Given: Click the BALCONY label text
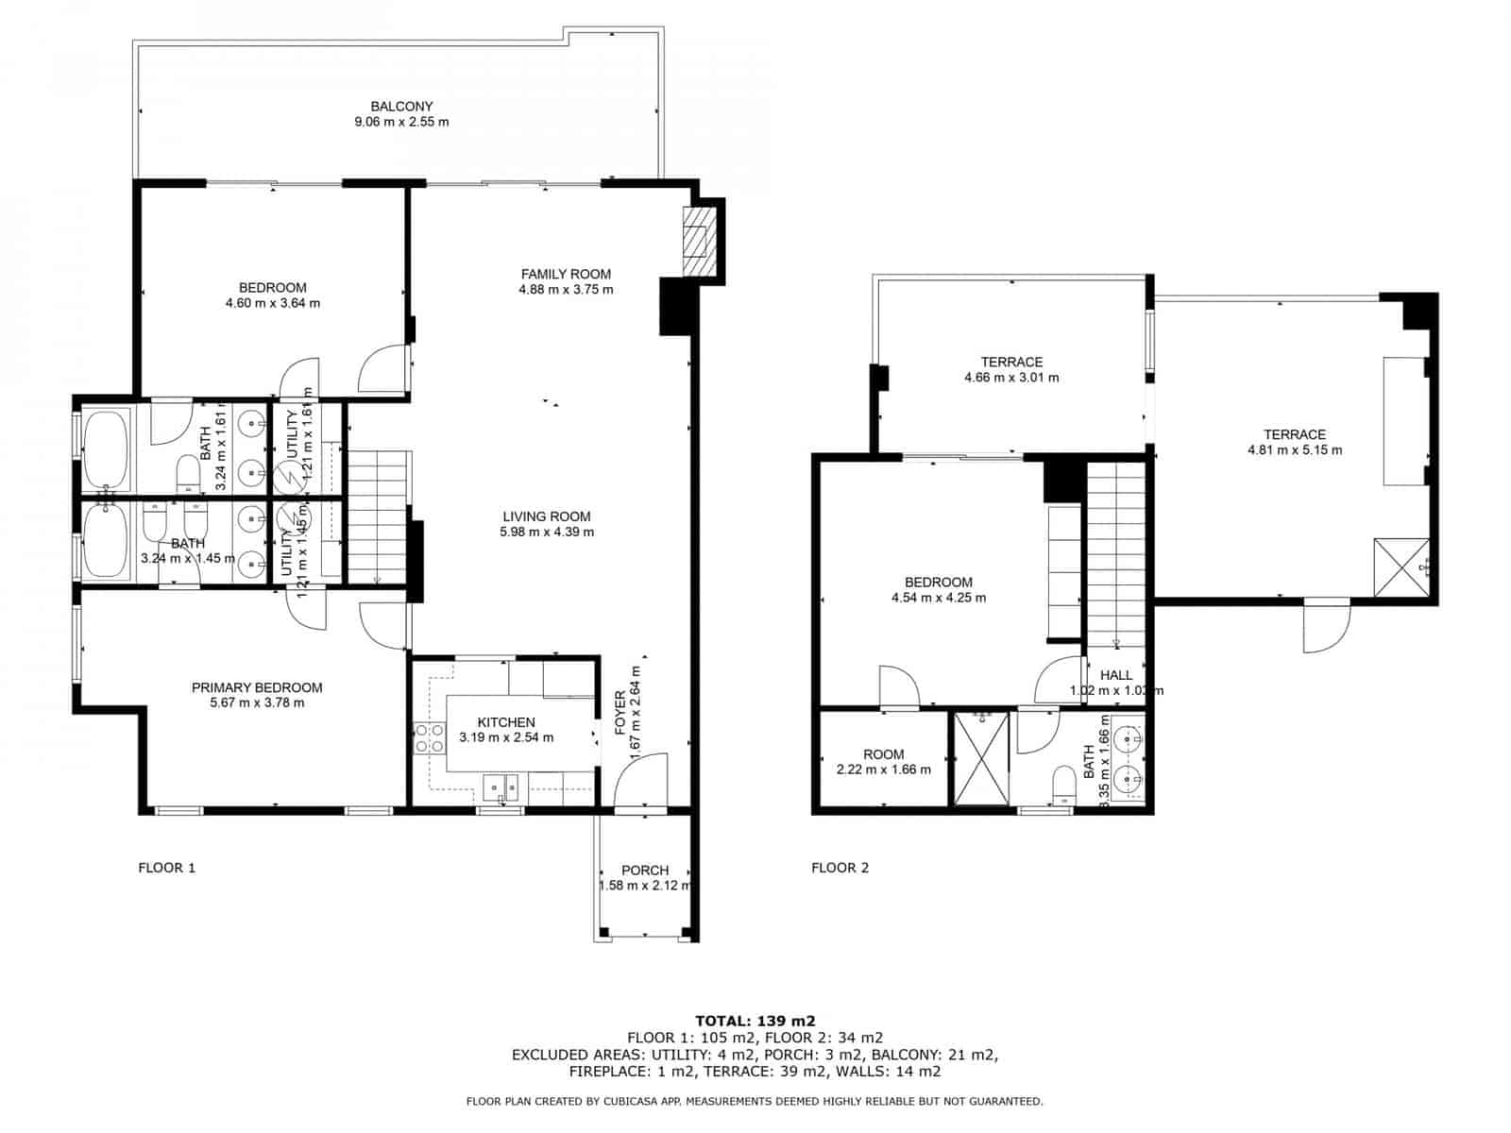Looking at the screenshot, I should pyautogui.click(x=401, y=107).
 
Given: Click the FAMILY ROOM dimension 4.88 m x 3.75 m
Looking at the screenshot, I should pyautogui.click(x=566, y=290).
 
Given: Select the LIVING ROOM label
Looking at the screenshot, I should pyautogui.click(x=547, y=516).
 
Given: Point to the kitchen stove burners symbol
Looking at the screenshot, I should pyautogui.click(x=430, y=737).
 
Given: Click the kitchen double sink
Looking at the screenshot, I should pyautogui.click(x=501, y=786).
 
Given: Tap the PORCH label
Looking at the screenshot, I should pyautogui.click(x=645, y=871).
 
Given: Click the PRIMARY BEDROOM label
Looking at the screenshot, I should pyautogui.click(x=257, y=688).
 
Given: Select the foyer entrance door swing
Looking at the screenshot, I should pyautogui.click(x=642, y=780).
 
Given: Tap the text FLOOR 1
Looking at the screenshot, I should pyautogui.click(x=167, y=868).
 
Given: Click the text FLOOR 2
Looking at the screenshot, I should pyautogui.click(x=840, y=868).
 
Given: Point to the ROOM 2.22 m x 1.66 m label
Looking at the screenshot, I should pyautogui.click(x=883, y=762).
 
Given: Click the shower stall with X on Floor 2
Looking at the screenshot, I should pyautogui.click(x=981, y=760).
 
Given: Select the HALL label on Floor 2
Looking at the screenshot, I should pyautogui.click(x=1116, y=675).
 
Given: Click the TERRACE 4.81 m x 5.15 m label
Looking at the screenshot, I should pyautogui.click(x=1294, y=443).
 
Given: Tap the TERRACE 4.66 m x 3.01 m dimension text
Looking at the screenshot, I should pyautogui.click(x=1011, y=378).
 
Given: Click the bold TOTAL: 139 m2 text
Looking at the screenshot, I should pyautogui.click(x=755, y=1021).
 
